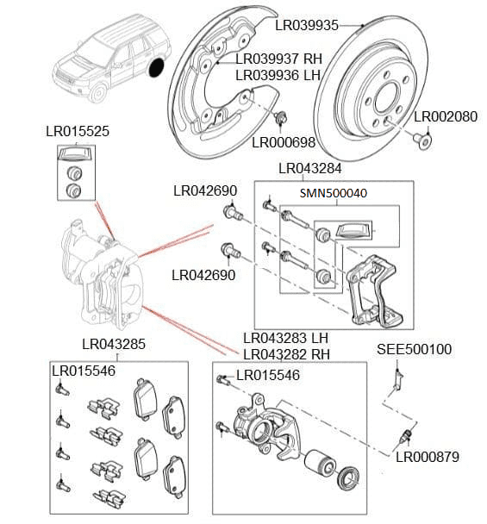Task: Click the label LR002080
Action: [445, 116]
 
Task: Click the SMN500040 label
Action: [333, 193]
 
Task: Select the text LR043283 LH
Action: [285, 338]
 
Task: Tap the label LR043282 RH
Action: [286, 353]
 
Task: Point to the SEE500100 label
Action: [415, 349]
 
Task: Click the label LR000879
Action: [427, 458]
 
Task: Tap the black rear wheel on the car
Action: [157, 68]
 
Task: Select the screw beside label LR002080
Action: [421, 138]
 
